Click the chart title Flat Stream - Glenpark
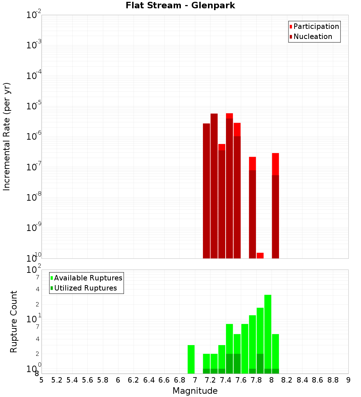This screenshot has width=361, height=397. [180, 5]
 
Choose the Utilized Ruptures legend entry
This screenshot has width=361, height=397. [85, 288]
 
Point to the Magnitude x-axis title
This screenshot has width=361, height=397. [195, 391]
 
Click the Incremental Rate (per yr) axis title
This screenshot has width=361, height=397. [7, 136]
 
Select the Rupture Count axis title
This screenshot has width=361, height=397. [14, 322]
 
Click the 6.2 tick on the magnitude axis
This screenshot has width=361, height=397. [134, 380]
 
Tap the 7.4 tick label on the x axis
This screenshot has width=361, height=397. [226, 380]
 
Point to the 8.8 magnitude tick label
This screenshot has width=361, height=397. [333, 380]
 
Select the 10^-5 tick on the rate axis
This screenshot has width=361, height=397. [34, 106]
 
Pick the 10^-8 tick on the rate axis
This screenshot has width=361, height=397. [34, 197]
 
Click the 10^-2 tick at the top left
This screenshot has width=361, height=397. [34, 15]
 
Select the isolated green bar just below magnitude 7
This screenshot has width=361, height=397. [191, 359]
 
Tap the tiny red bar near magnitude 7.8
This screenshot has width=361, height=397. [260, 256]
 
